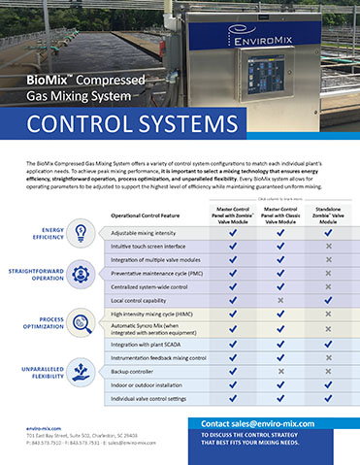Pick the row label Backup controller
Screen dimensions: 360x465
[x=135, y=371]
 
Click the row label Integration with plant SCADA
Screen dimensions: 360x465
[x=151, y=344]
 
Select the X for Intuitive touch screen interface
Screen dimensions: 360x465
[x=329, y=247]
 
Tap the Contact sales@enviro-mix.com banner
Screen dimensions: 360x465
[x=275, y=423]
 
